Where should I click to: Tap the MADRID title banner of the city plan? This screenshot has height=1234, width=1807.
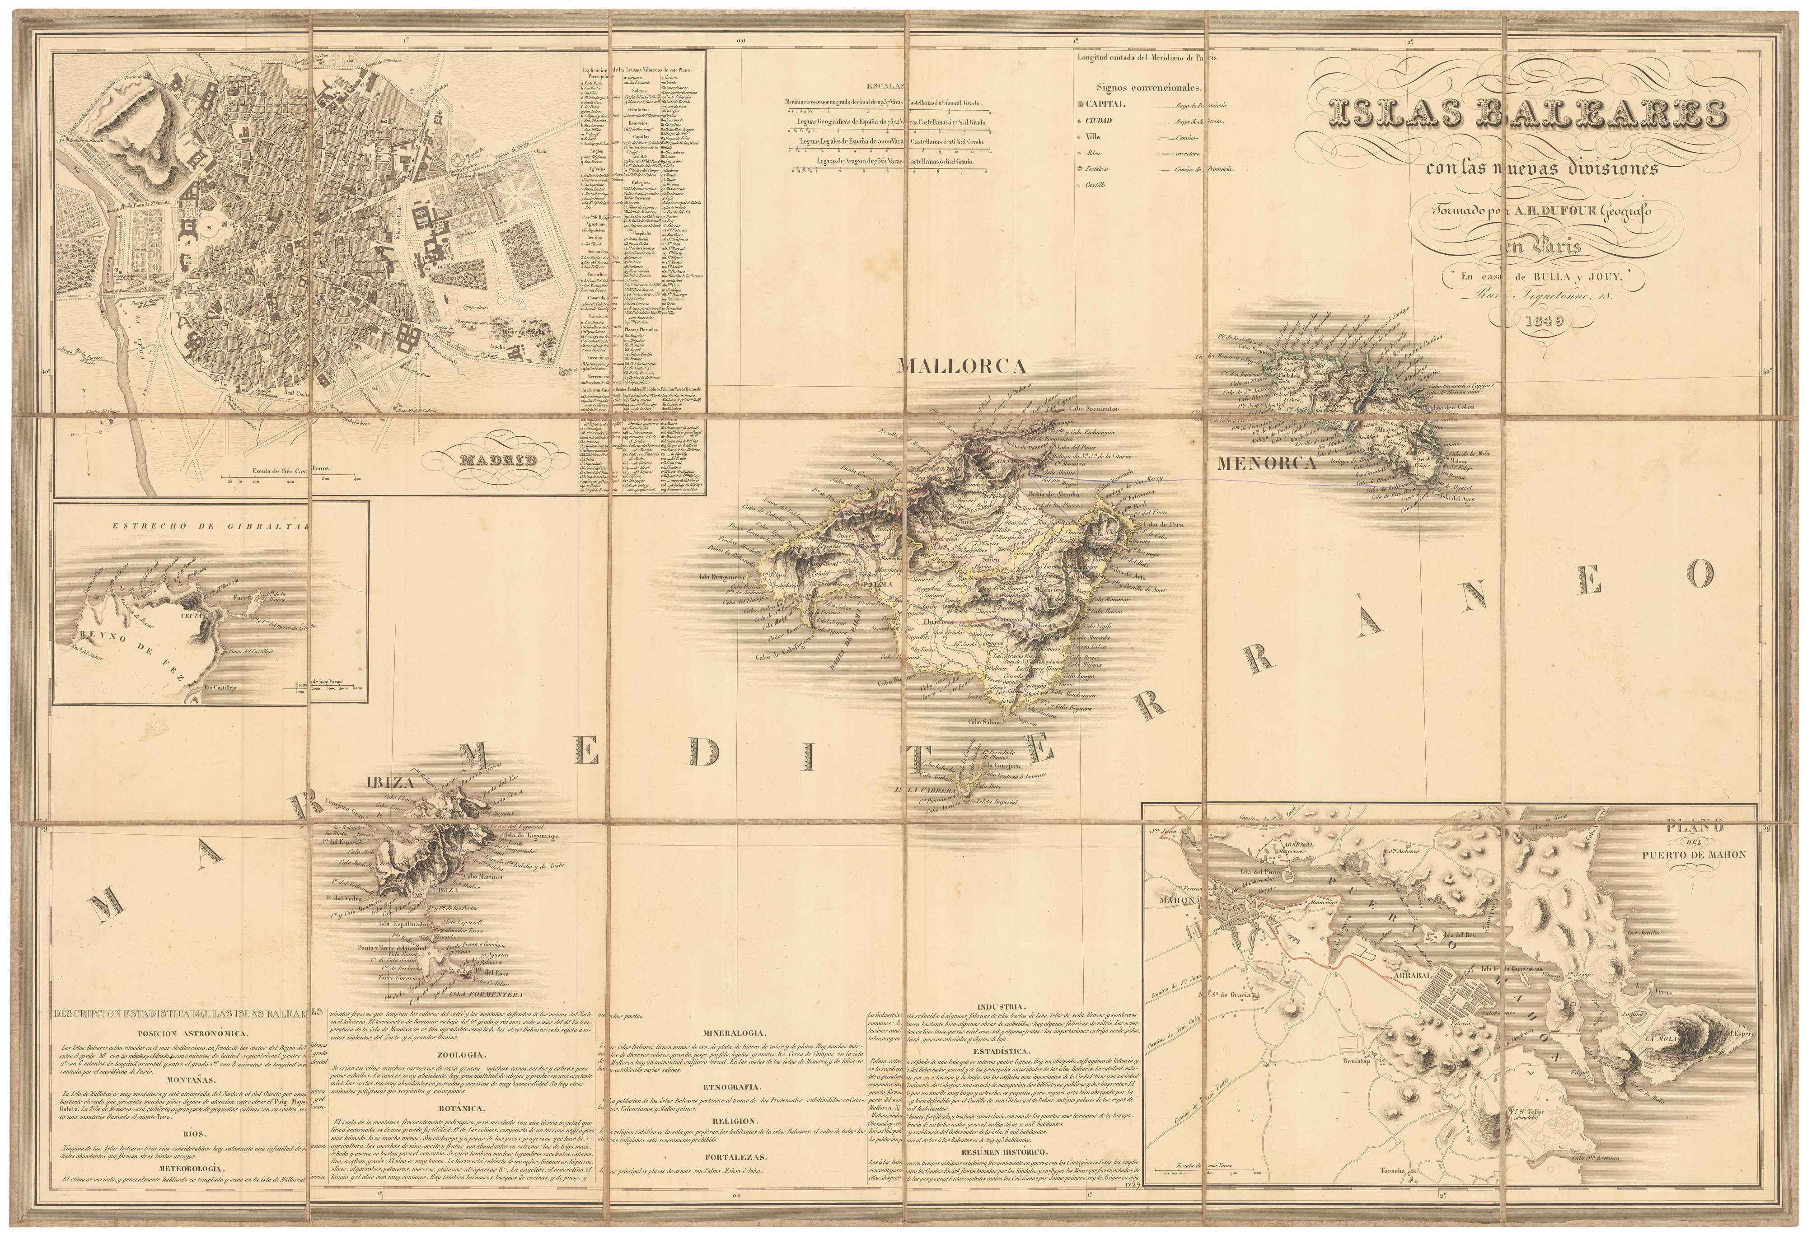(x=498, y=460)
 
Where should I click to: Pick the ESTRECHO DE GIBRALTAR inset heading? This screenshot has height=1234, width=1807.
(x=208, y=526)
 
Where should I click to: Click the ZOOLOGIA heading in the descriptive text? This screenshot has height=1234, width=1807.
(x=462, y=1055)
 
